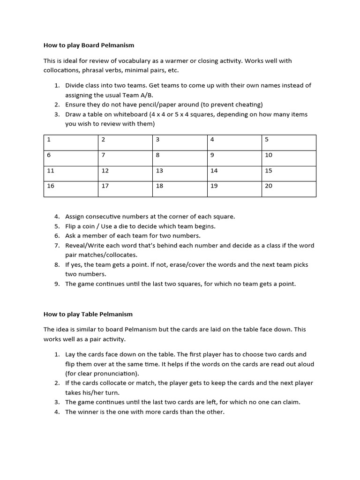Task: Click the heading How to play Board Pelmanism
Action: (x=89, y=45)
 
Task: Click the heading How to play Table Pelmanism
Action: (x=88, y=314)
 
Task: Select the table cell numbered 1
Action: (x=71, y=142)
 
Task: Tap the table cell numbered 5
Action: (x=288, y=142)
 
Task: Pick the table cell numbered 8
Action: (x=180, y=158)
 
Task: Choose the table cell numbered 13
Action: (x=180, y=173)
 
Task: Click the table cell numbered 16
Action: (x=71, y=189)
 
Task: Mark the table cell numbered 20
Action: (x=288, y=189)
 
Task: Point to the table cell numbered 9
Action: (x=234, y=158)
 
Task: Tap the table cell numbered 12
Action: (x=125, y=173)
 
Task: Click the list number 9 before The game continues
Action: (x=56, y=284)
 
